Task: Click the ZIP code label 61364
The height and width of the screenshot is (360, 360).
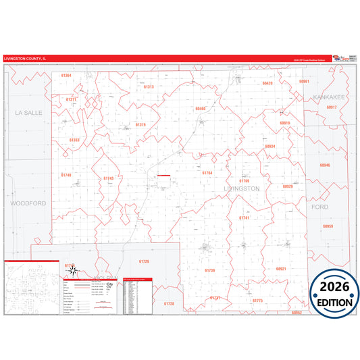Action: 66,76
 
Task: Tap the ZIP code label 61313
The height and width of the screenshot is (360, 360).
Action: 149,86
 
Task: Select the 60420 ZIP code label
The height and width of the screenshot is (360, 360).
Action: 267,83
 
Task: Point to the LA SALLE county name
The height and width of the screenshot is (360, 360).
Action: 28,112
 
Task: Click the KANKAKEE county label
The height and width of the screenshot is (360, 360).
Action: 329,97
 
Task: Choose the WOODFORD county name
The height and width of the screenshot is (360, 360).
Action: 28,202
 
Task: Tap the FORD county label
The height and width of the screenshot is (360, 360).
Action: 319,207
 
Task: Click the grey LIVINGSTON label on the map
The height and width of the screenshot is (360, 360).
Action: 241,188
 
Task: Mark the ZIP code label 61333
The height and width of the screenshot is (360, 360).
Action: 74,140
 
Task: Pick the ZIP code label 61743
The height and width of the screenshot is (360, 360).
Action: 108,178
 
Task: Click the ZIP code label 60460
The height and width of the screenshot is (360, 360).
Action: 200,108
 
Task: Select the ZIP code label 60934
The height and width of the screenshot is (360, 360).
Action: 270,146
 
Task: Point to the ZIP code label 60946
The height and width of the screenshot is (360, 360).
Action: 326,165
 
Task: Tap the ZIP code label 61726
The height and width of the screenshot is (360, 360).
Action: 143,261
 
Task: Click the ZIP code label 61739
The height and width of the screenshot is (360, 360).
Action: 209,269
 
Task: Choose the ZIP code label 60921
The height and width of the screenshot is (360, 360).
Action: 281,268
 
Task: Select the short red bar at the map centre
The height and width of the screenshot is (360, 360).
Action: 163,176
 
